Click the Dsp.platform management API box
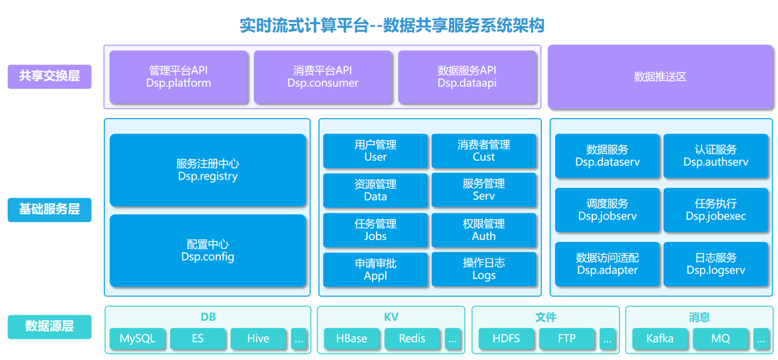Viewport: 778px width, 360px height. [x=178, y=77]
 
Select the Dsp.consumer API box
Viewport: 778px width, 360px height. [x=323, y=77]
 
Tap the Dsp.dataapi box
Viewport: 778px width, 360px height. [x=467, y=77]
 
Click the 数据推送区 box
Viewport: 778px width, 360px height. [x=660, y=77]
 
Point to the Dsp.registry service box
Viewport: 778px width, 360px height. [x=207, y=170]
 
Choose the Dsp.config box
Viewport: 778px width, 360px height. [x=207, y=250]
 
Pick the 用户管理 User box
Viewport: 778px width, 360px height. [x=375, y=150]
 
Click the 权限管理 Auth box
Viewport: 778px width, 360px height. [x=484, y=230]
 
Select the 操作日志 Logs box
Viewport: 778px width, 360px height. [x=484, y=269]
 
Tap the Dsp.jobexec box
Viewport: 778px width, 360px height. [x=716, y=210]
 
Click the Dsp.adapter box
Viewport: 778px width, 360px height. [x=607, y=264]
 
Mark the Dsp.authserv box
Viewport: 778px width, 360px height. [x=716, y=156]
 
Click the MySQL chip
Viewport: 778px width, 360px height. [x=137, y=339]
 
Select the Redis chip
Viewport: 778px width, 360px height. [x=412, y=339]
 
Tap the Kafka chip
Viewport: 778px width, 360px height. [x=660, y=339]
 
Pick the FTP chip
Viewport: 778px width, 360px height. [x=567, y=339]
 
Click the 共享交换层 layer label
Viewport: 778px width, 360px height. [x=50, y=77]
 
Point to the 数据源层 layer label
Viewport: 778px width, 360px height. [x=50, y=327]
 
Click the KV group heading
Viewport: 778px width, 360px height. [x=391, y=317]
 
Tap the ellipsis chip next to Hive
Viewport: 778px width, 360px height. [x=299, y=339]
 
